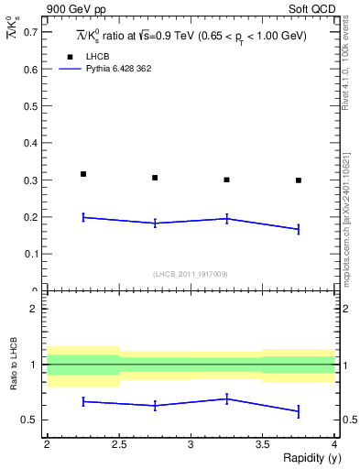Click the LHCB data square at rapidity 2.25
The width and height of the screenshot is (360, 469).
[x=83, y=174]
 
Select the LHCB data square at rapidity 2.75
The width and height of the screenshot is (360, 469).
[x=155, y=178]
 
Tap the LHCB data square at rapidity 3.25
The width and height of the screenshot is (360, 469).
[x=227, y=180]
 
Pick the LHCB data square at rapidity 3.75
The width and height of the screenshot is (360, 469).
[x=299, y=180]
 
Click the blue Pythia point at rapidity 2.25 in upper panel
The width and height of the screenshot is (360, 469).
[x=83, y=217]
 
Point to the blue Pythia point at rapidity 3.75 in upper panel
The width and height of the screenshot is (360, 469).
[x=299, y=229]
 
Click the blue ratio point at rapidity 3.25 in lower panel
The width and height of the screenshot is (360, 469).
[x=227, y=398]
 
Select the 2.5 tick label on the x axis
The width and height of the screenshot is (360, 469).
[x=119, y=443]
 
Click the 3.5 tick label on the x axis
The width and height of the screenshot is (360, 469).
[x=263, y=443]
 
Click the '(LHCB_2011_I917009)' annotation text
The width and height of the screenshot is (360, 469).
[x=191, y=274]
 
